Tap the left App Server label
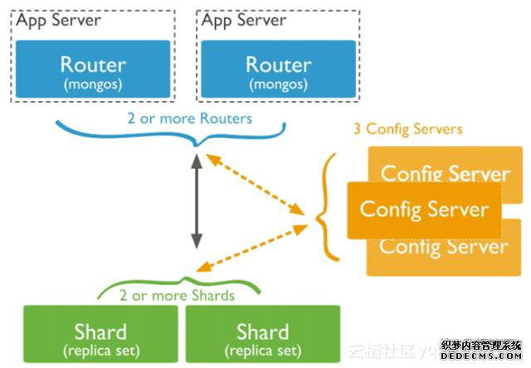coord(57,21)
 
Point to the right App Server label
coord(243,21)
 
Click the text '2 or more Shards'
coord(176,295)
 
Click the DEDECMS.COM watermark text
coord(481,356)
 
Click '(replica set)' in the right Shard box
coord(263,351)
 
